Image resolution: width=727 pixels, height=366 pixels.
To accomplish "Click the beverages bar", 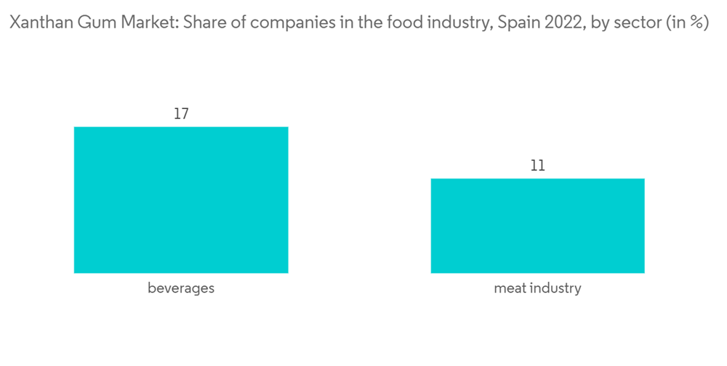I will coord(181,200).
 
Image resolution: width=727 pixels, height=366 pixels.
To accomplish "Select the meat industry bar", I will coord(537,226).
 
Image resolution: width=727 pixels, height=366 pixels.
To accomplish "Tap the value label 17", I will coord(181,114).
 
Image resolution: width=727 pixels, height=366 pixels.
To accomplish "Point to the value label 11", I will coord(537,166).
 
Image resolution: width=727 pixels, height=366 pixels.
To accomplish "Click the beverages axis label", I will coord(181,288).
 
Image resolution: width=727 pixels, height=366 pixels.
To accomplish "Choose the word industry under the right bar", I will coord(555,288).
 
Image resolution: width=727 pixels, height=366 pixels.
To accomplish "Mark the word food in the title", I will coord(371,23).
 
